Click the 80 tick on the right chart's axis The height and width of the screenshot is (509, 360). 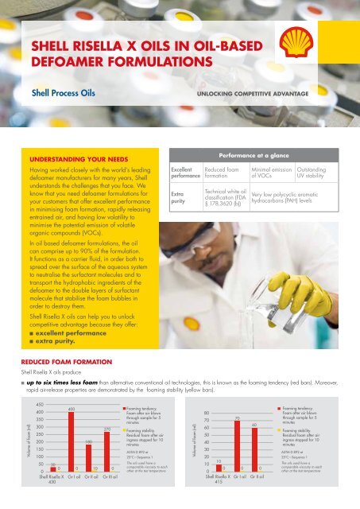pyautogui.click(x=206, y=414)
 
